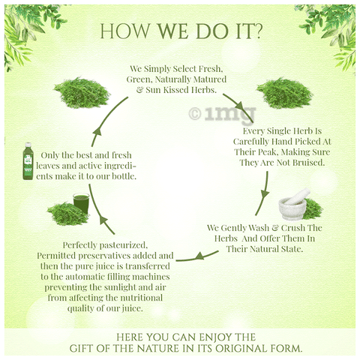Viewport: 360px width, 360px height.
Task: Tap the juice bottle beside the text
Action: pos(28,161)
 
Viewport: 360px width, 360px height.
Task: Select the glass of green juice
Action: pos(81,203)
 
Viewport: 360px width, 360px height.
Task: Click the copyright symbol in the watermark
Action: pos(195,114)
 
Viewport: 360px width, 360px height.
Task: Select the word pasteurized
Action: pos(124,245)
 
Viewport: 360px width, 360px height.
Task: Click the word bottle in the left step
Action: pos(124,176)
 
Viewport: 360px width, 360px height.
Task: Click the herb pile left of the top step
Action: pos(82,93)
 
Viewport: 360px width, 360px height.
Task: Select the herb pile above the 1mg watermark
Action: pos(285,93)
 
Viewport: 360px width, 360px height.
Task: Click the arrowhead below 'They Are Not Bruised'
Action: pos(265,194)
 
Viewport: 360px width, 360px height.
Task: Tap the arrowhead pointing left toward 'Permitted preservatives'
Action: pos(199,256)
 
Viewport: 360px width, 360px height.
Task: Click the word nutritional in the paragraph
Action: pos(142,298)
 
